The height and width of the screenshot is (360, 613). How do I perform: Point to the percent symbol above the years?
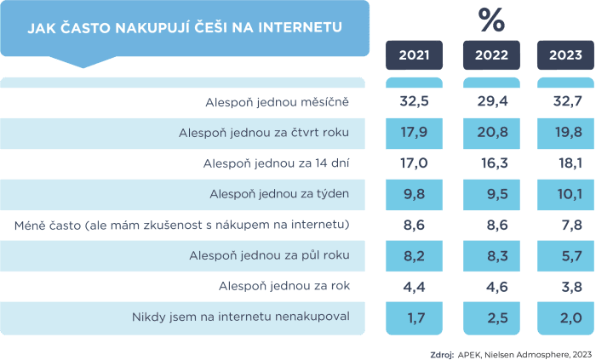click(491, 18)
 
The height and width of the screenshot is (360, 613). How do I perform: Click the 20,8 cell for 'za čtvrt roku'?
click(491, 133)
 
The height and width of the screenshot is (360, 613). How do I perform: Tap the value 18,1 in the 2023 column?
click(565, 163)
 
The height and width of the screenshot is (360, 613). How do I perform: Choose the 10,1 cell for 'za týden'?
click(565, 195)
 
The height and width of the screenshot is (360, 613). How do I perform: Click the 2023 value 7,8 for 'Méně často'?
click(565, 226)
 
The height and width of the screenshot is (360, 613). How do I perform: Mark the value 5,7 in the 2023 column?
click(565, 256)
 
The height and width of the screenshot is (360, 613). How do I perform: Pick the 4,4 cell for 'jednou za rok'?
click(414, 287)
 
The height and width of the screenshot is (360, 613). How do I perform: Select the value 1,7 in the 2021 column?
click(414, 318)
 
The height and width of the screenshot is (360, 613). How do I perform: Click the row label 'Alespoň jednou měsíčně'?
click(278, 102)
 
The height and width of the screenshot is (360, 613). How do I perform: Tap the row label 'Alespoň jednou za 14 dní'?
click(273, 163)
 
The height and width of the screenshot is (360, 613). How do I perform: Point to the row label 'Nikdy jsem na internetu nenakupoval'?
click(241, 318)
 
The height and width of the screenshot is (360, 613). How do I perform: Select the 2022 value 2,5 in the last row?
click(491, 318)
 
